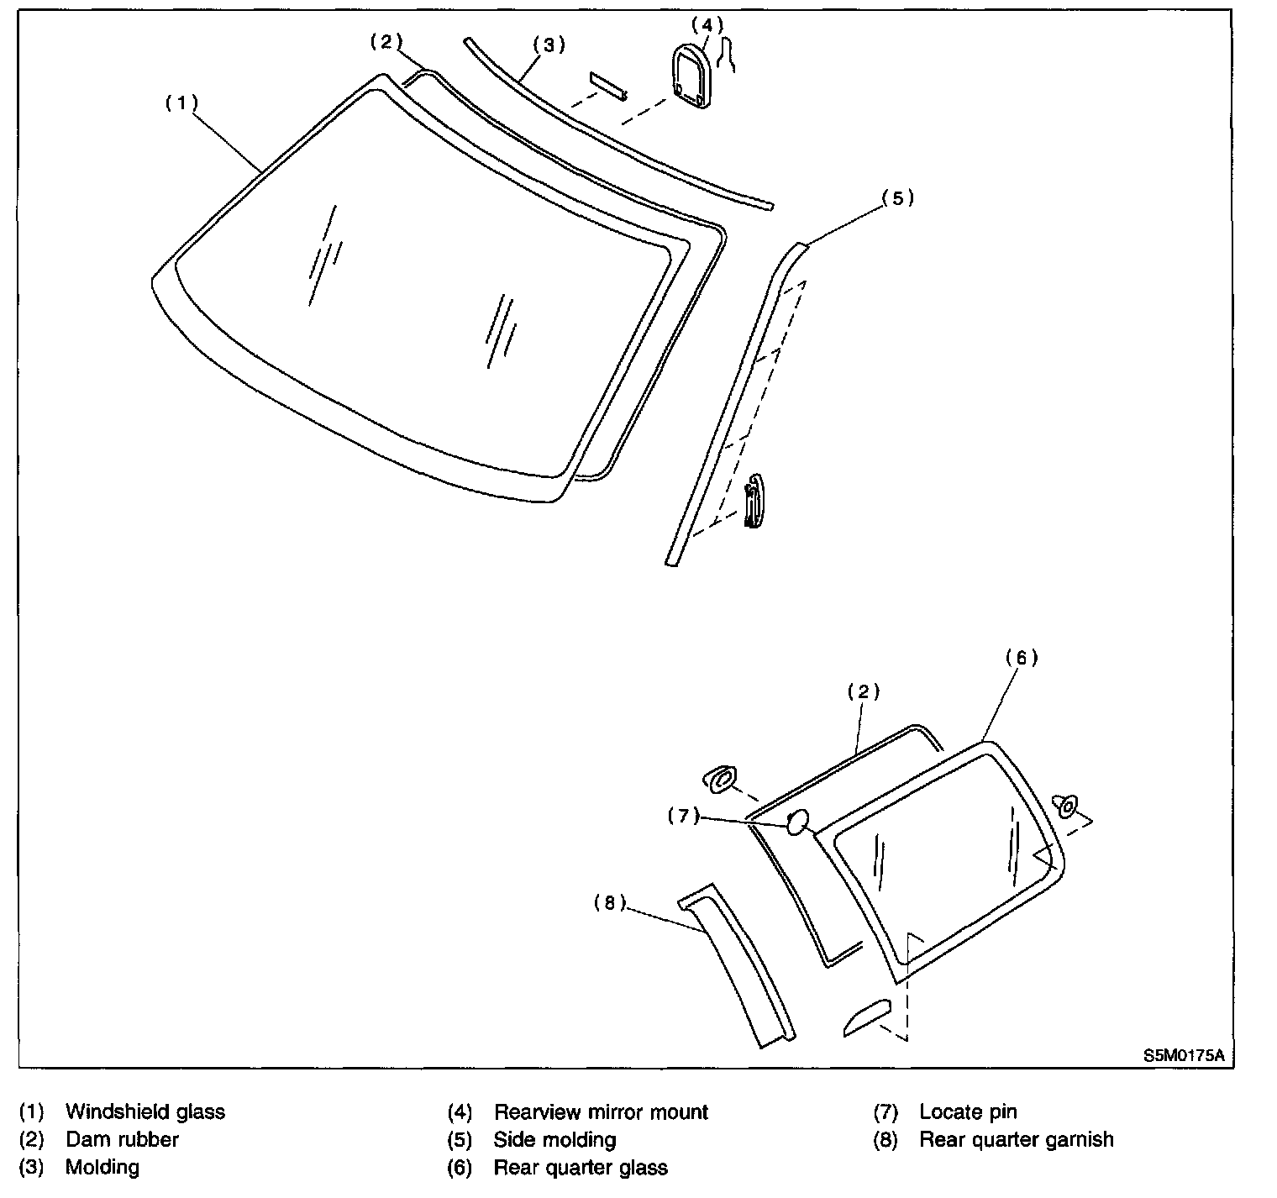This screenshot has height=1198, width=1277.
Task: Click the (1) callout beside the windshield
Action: pos(181,103)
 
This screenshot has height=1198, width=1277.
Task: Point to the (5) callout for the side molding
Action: pos(896,199)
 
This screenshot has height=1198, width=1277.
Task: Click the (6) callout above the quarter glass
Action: pos(1021,658)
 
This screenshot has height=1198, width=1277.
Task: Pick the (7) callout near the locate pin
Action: pos(684,816)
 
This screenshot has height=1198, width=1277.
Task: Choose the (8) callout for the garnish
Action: pos(610,903)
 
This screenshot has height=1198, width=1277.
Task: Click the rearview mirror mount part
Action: pos(692,77)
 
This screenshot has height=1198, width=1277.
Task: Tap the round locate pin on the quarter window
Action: pos(796,821)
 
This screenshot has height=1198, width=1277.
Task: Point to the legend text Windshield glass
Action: pos(145,1111)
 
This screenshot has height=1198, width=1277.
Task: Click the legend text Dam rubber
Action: pos(122,1139)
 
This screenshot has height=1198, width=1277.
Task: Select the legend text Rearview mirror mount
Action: pos(601,1111)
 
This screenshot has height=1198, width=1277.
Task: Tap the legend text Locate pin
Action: pos(968,1111)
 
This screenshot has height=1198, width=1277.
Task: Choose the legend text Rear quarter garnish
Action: pos(1016,1139)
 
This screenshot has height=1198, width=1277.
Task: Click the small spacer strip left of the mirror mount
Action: pos(608,85)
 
